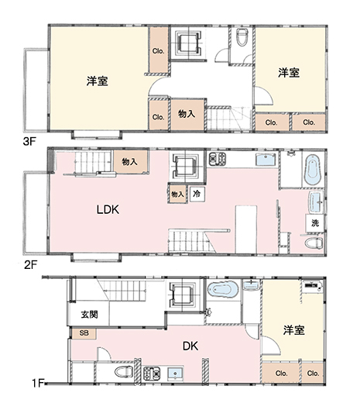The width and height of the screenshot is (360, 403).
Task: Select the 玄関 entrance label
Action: [89, 315]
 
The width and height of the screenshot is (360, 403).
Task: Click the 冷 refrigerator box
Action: [198, 193]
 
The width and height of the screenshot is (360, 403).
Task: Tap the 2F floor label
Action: [30, 263]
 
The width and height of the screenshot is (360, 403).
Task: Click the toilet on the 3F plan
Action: [241, 36]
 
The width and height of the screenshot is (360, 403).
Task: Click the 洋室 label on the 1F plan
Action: [293, 329]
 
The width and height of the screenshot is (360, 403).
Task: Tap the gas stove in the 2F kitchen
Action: [215, 160]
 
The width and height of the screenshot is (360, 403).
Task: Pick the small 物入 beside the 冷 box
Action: [177, 193]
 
